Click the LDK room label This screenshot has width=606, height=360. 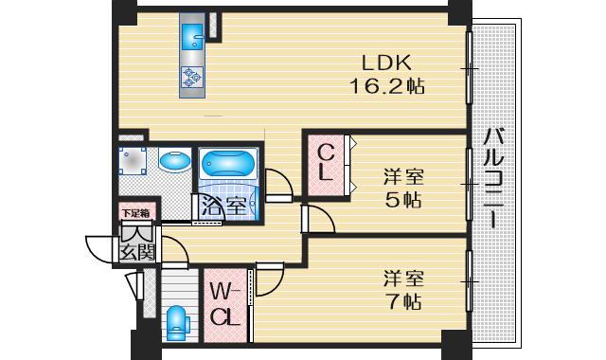coord(386,63)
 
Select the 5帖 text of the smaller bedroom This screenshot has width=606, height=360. coord(402,200)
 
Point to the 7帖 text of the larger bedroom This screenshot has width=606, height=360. coord(402,303)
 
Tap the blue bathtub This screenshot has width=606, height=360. coord(227,163)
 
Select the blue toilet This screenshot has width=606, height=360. coord(176,322)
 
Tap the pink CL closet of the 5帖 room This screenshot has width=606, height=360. coord(325,164)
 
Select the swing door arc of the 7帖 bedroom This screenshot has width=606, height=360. coord(268,276)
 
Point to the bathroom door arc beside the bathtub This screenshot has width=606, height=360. coord(278,184)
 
